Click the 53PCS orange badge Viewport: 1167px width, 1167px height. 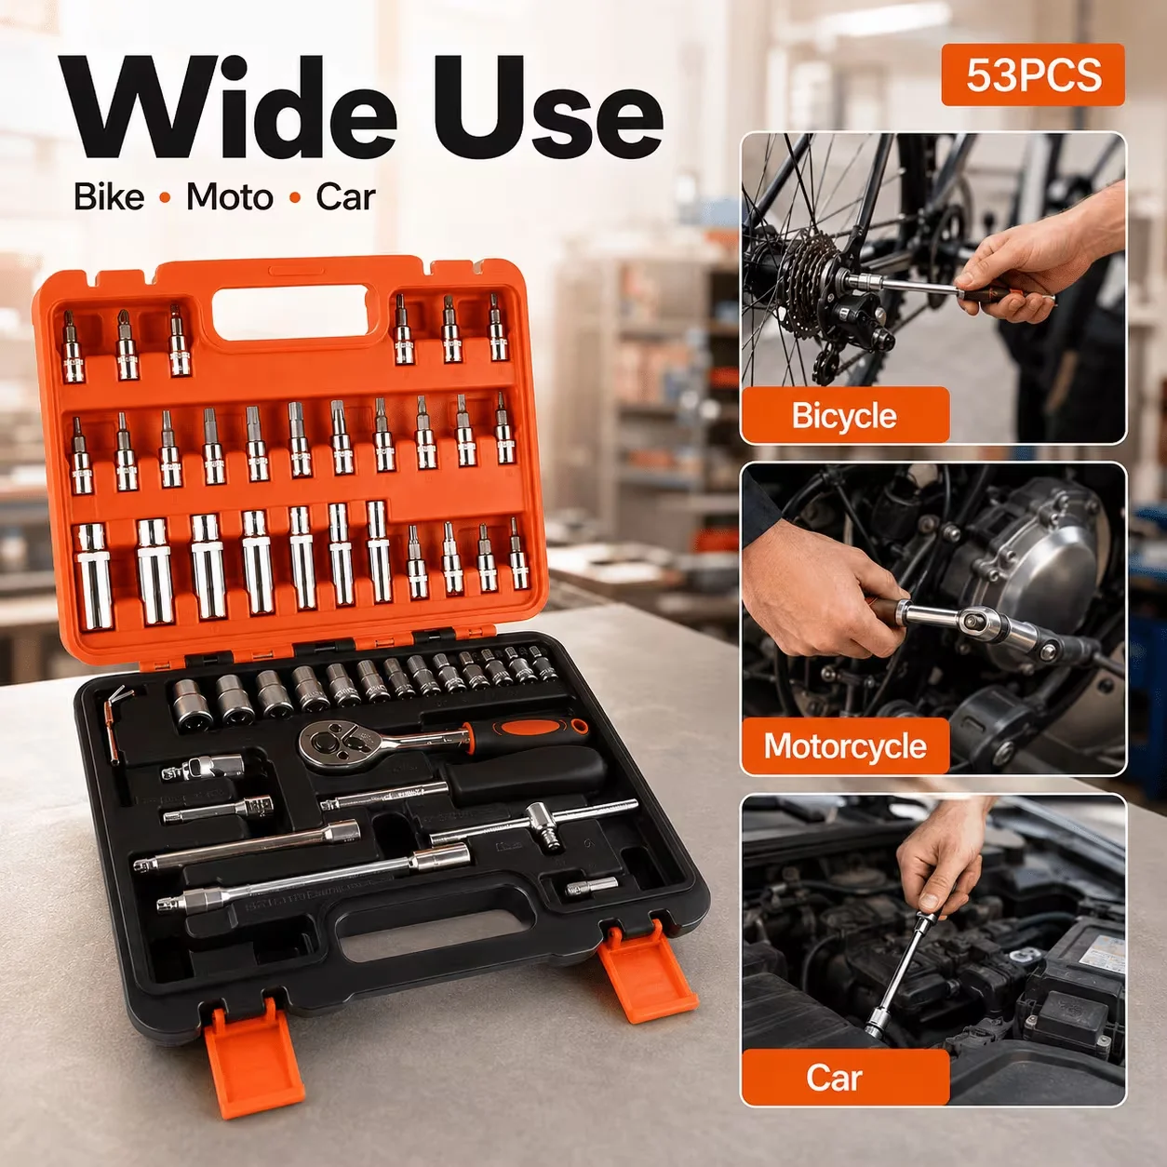coord(1033,75)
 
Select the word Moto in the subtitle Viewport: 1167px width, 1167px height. coord(230,197)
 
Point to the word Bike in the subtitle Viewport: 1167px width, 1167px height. coord(109,197)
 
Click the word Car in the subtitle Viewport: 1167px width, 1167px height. coord(346,197)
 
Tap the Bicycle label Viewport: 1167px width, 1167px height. coord(844,415)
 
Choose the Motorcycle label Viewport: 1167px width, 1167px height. coord(845,746)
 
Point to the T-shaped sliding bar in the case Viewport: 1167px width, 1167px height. coord(534,823)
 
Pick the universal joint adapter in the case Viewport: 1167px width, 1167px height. coord(202,768)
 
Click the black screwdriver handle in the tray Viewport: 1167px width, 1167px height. coord(526,774)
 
